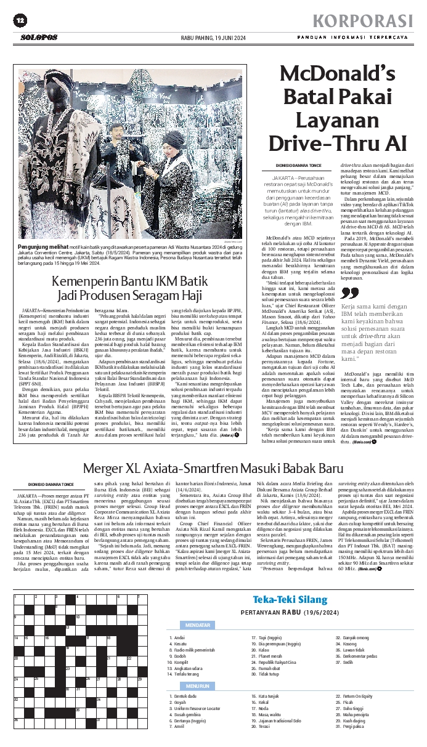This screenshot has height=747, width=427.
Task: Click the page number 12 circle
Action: coord(20,21)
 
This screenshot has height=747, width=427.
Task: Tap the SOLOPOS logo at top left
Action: coord(38,38)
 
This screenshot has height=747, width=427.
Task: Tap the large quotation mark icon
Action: coord(349,293)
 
